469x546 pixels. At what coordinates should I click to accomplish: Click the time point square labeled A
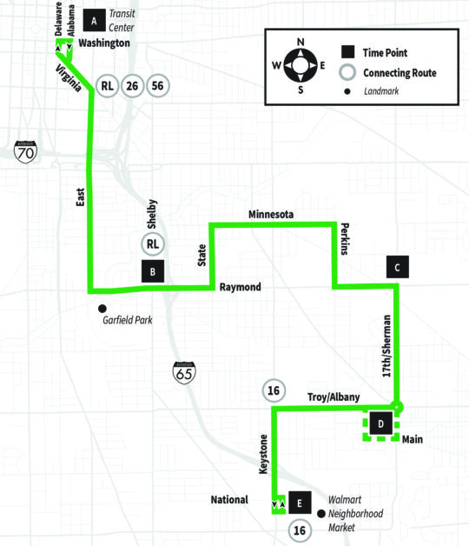(94, 21)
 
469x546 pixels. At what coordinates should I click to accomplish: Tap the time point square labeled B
(153, 271)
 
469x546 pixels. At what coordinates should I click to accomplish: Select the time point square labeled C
(397, 267)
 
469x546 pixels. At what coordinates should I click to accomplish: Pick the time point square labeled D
(381, 423)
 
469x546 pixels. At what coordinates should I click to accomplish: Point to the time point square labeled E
(300, 503)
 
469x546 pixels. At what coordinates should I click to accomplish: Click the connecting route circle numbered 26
(132, 86)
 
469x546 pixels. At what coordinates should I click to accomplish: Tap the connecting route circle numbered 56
(157, 86)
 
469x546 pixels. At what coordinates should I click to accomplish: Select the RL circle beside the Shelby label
(153, 244)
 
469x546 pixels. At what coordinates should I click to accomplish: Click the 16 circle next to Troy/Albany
(274, 390)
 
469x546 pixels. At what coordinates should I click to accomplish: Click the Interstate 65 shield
(184, 373)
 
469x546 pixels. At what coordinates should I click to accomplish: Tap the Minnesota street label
(271, 215)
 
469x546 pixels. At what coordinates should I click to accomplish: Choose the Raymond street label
(240, 287)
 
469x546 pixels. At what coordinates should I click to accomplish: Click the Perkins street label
(344, 239)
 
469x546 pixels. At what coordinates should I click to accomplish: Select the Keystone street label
(264, 454)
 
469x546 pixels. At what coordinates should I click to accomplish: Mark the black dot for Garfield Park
(102, 309)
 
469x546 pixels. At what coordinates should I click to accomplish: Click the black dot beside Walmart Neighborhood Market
(321, 514)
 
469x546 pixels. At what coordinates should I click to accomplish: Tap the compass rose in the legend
(301, 65)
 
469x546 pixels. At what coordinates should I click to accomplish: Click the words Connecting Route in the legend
(400, 73)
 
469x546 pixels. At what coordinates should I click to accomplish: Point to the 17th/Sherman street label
(386, 346)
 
